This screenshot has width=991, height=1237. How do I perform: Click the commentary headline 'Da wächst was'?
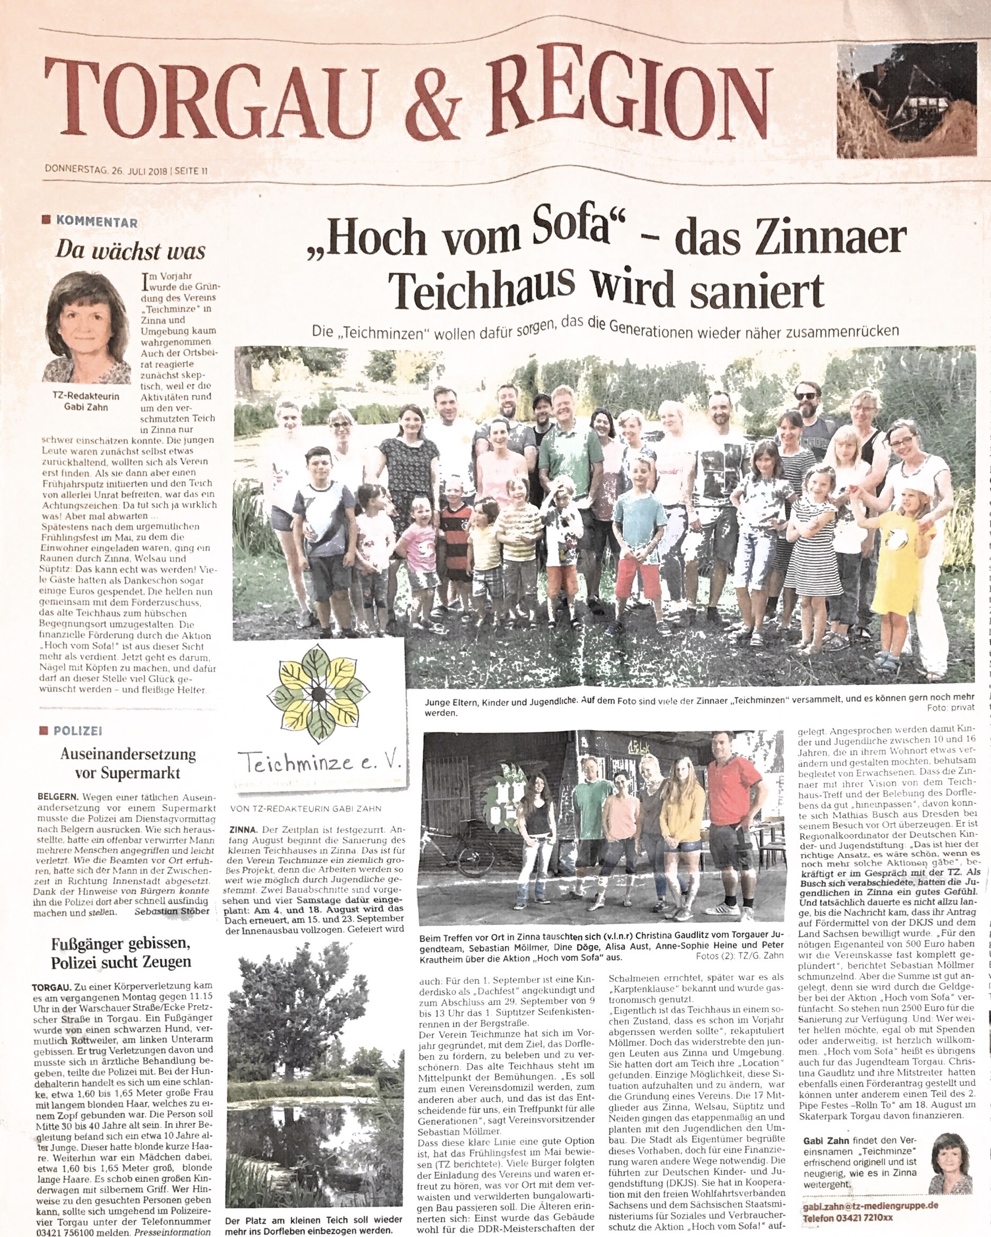(x=130, y=251)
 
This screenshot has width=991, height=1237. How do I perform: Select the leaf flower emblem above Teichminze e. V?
(x=318, y=694)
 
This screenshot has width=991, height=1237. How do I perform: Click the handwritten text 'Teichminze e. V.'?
(x=320, y=764)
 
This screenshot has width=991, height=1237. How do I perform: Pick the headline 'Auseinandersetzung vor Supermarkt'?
(x=128, y=763)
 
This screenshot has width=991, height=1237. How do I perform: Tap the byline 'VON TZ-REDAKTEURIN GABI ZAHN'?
(x=305, y=808)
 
